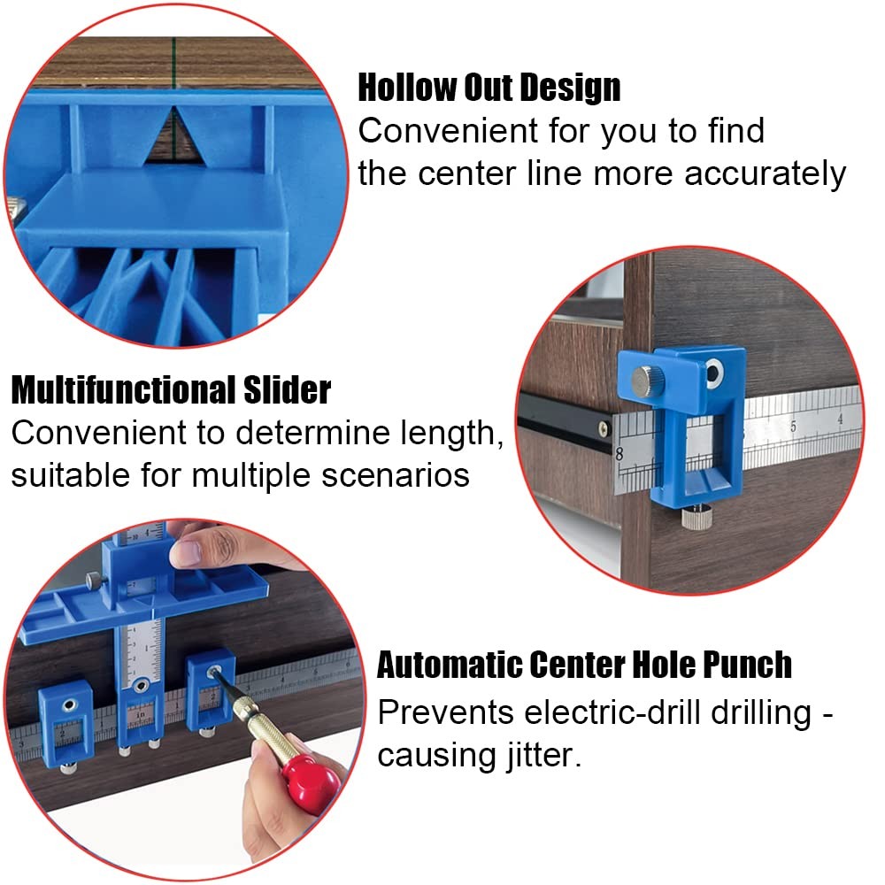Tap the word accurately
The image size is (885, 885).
766,174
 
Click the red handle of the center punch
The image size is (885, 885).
312,780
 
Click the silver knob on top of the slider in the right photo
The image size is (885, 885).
645,381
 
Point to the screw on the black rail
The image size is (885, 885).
604,428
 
